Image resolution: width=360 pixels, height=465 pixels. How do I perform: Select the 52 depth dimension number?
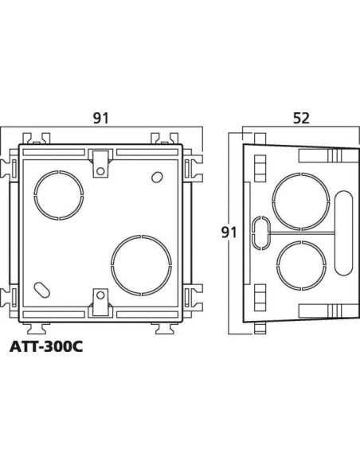(x=300, y=118)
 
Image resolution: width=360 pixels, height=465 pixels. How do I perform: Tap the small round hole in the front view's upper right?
(x=158, y=176)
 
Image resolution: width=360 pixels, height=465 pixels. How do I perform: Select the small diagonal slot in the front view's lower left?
(x=40, y=287)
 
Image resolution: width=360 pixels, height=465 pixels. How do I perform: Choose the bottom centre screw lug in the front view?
(x=100, y=301)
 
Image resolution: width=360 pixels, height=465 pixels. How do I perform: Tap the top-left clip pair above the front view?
(x=33, y=136)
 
